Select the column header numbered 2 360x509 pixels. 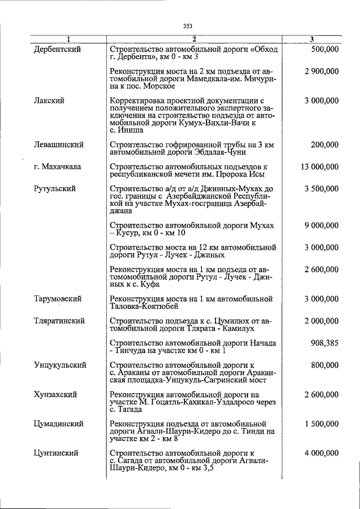click(193, 39)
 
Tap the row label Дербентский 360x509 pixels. click(57, 49)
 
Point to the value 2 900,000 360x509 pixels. click(319, 71)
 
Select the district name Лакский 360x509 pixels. click(48, 101)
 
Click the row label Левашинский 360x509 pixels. click(59, 145)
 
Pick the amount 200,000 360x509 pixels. click(324, 145)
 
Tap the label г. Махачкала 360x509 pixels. click(58, 166)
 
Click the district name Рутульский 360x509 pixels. click(55, 188)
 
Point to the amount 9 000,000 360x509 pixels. click(319, 226)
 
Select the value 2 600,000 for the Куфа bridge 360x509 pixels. click(319, 269)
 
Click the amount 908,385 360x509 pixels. click(324, 343)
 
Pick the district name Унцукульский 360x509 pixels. click(60, 365)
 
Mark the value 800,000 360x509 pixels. click(324, 365)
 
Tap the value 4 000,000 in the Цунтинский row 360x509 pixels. click(319, 453)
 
